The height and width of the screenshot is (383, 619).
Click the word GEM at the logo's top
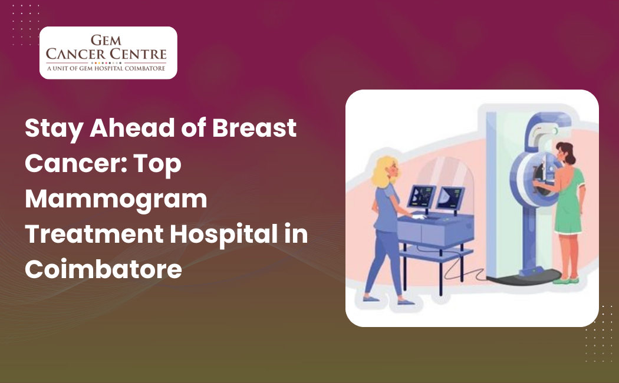(108, 40)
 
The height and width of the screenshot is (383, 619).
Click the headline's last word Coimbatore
(103, 269)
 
